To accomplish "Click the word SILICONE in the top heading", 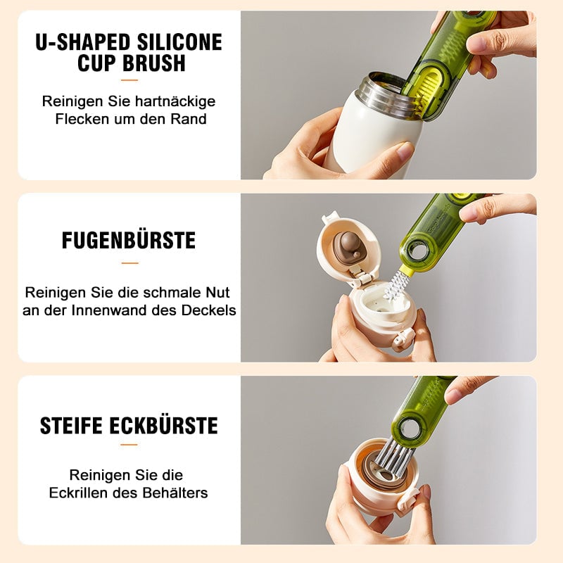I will (176, 42).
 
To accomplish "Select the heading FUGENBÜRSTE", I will (129, 240).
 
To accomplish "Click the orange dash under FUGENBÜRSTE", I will (129, 262).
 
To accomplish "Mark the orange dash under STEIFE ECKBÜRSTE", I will (129, 445).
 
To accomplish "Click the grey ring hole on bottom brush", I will (407, 424).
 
